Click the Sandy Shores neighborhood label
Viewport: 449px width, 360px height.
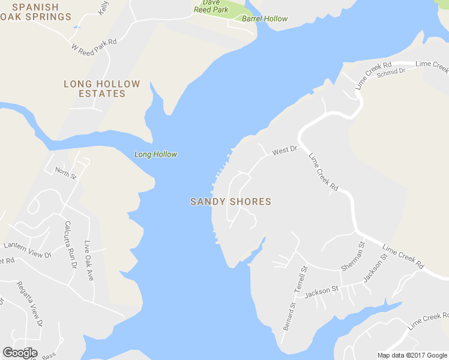tap(231, 202)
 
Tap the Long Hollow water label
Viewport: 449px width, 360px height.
tap(155, 154)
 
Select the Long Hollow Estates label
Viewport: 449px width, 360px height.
tap(101, 89)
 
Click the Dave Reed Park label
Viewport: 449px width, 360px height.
tap(211, 6)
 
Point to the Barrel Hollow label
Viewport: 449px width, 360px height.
tap(265, 19)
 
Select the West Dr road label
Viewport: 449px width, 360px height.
tap(285, 151)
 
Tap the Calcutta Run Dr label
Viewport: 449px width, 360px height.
tap(70, 244)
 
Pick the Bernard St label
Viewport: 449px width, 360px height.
tap(289, 316)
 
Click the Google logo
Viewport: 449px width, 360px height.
tap(20, 353)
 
